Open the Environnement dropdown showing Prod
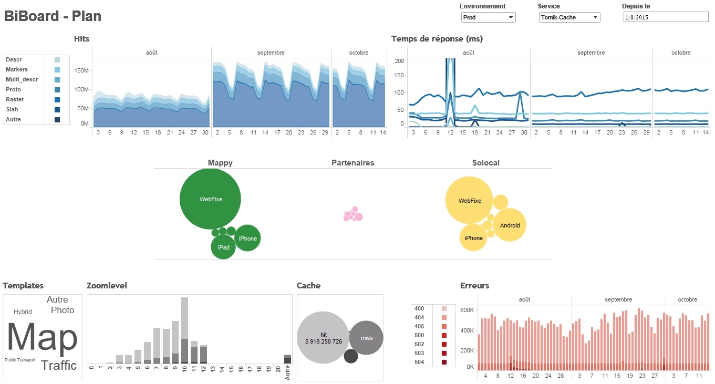[488, 17]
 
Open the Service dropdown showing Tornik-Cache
[569, 17]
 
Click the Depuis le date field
[666, 17]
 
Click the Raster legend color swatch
[57, 100]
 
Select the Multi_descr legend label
[22, 79]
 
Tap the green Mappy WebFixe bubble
[210, 199]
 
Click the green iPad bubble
[223, 247]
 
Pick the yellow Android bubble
[510, 225]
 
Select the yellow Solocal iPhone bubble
[473, 237]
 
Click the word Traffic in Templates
[59, 366]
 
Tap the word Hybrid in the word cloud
[23, 312]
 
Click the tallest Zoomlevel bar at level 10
[184, 330]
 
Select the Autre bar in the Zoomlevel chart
[287, 359]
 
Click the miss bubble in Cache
[366, 338]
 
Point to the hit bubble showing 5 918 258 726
[323, 337]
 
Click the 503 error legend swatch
[444, 353]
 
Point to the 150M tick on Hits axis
[81, 70]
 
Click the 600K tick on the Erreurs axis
[467, 310]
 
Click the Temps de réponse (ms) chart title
[437, 39]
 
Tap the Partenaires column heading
[353, 163]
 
